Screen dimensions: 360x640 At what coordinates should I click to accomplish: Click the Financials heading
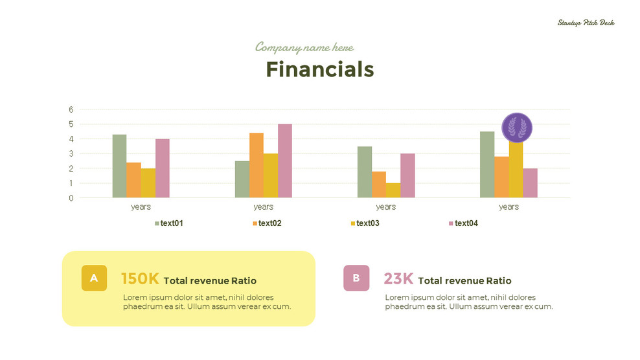[x=320, y=69]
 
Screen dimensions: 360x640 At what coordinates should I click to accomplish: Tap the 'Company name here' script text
[x=304, y=47]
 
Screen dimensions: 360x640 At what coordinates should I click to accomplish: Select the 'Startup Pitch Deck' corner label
[x=586, y=23]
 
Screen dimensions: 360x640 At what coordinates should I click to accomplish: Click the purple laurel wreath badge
[x=517, y=128]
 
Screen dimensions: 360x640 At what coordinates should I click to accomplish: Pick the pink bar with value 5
[x=285, y=161]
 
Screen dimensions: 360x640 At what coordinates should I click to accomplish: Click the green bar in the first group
[x=119, y=166]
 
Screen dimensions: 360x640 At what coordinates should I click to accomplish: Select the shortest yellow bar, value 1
[x=393, y=190]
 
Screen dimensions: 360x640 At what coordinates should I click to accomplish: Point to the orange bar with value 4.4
[x=257, y=165]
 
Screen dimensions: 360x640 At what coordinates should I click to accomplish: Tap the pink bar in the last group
[x=530, y=183]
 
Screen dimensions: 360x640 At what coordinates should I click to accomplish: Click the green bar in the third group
[x=365, y=172]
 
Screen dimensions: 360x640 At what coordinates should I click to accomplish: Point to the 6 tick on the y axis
[x=71, y=109]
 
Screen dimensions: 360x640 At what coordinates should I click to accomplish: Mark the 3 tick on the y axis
[x=71, y=153]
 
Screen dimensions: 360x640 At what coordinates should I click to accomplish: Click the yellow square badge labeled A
[x=94, y=278]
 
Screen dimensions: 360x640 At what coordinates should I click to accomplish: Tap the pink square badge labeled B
[x=356, y=278]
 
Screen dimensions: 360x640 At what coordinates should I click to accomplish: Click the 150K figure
[x=140, y=279]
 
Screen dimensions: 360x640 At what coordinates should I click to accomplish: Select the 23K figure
[x=398, y=279]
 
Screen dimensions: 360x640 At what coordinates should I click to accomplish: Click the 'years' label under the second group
[x=263, y=207]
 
